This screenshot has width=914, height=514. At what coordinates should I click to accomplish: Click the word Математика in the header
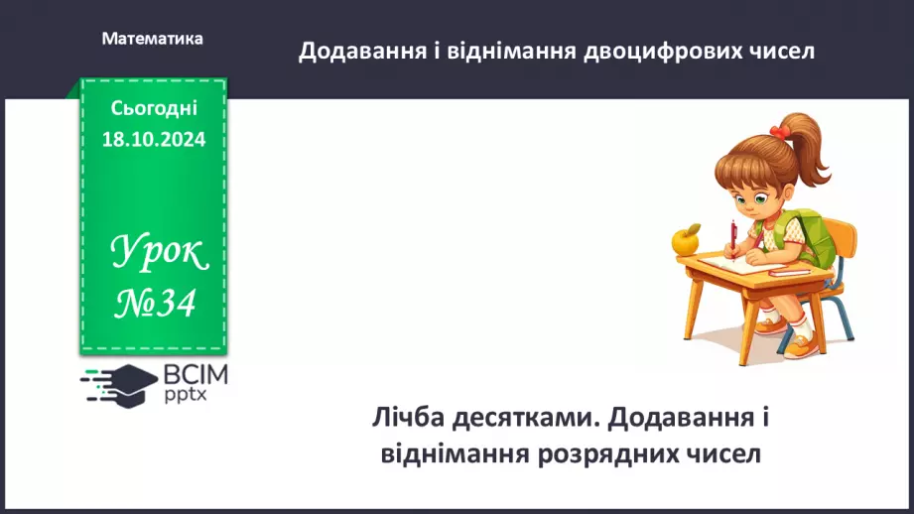[x=152, y=39]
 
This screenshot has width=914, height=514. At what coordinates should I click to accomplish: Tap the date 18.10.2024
[x=153, y=140]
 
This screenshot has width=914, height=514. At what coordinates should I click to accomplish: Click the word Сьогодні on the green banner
[x=154, y=109]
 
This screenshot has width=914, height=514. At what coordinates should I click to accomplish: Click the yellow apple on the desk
[x=686, y=239]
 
